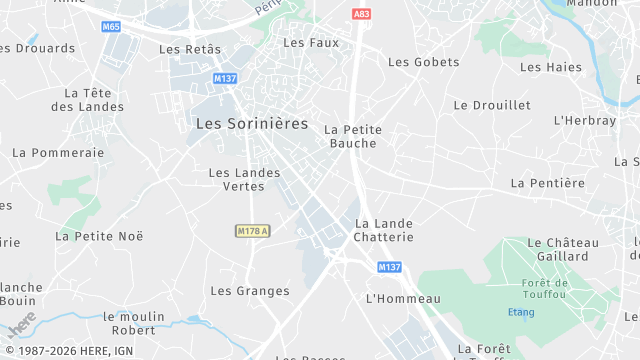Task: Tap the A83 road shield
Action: [x=362, y=13]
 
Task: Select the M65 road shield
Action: [x=111, y=27]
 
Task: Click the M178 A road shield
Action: [x=254, y=231]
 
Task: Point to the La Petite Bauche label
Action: [x=353, y=136]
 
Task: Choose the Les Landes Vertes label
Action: [x=244, y=179]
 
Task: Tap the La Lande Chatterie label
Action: [x=384, y=229]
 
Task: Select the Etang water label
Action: [x=521, y=312]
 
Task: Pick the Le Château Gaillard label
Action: [x=562, y=249]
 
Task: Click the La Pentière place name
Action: [x=547, y=183]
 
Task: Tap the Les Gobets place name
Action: [x=423, y=62]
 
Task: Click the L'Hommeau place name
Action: [x=403, y=299]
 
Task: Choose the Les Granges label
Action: [x=250, y=291]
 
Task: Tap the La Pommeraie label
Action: [x=58, y=153]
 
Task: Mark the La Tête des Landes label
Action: [x=88, y=100]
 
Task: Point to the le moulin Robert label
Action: [x=134, y=323]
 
